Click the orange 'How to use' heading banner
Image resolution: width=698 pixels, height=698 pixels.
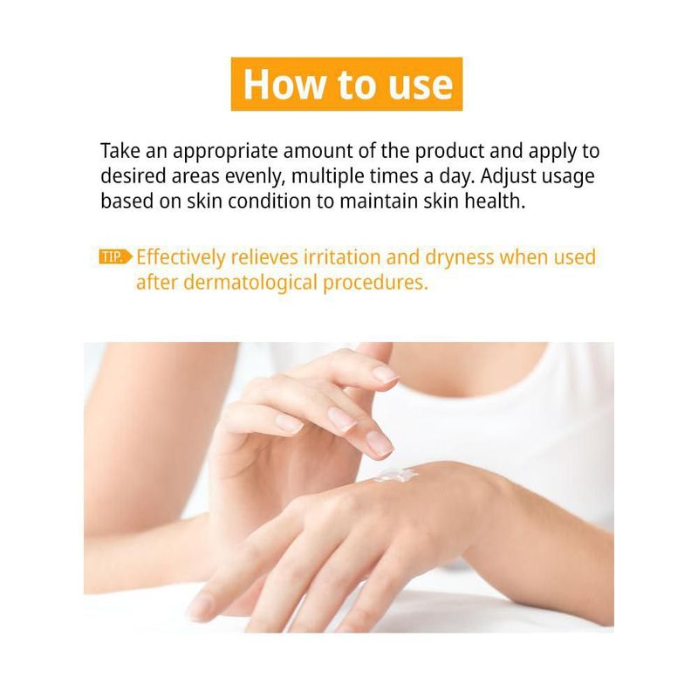[346, 84]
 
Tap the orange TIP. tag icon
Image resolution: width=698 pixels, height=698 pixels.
[116, 257]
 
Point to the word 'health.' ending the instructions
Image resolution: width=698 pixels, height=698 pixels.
[495, 202]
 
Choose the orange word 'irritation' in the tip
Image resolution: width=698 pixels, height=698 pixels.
[341, 257]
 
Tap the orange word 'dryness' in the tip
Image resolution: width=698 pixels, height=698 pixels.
[460, 258]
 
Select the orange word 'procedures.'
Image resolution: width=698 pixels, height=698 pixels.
[375, 283]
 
